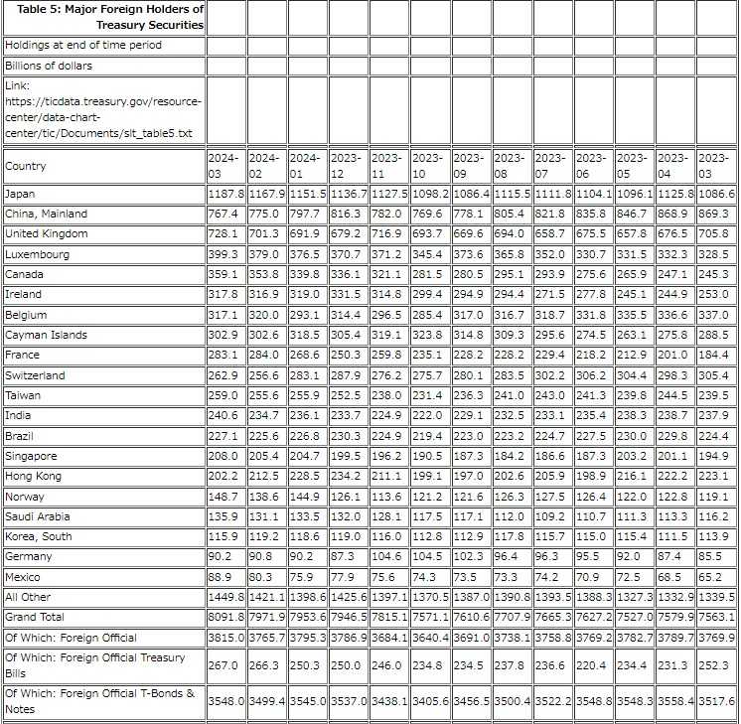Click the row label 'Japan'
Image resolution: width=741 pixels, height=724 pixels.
20,194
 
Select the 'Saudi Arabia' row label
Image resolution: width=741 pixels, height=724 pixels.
38,516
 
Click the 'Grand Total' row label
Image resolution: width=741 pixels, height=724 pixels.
35,618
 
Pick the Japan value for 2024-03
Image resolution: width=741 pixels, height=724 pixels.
226,194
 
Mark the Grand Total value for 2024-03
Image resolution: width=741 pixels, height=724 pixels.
226,618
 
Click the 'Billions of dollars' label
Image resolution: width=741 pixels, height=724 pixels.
49,66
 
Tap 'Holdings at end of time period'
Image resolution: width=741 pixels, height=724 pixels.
83,45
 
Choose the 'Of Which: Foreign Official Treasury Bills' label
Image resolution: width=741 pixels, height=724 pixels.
95,664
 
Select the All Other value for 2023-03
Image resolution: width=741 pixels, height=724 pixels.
715,597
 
